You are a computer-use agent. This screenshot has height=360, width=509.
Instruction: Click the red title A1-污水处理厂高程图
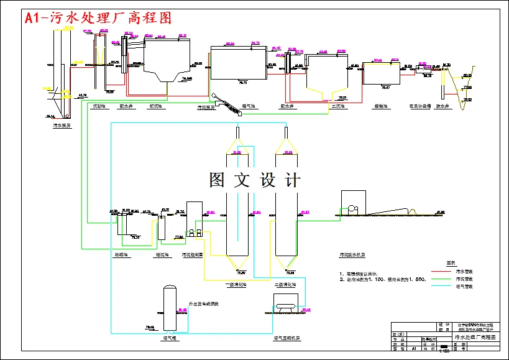(98, 19)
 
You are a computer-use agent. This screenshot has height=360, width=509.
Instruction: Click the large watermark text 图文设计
(255, 180)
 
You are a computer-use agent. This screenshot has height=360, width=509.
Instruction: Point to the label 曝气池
(249, 106)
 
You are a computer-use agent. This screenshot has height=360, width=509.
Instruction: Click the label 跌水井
(443, 106)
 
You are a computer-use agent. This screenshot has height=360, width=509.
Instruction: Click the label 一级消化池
(237, 284)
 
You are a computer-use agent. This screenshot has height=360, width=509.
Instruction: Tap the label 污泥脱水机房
(353, 255)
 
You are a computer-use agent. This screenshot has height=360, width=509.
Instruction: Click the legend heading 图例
(452, 262)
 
